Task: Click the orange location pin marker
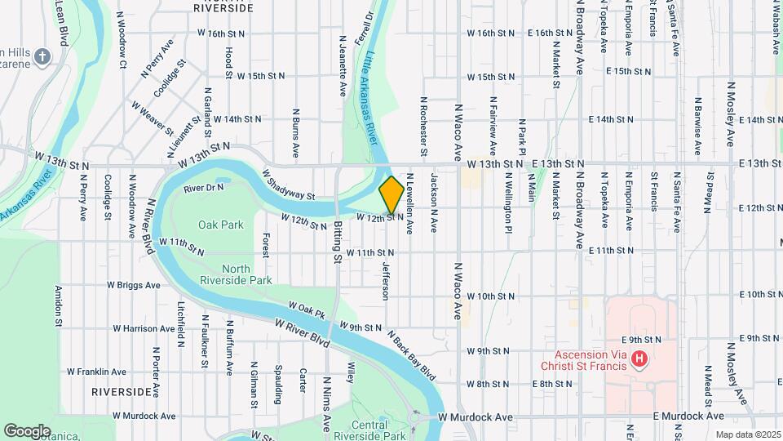391,194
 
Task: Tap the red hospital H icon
639,359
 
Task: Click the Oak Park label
220,224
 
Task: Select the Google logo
27,430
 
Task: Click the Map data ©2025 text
748,434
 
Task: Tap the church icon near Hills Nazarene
42,56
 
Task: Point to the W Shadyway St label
289,185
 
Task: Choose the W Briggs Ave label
133,285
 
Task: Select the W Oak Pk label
306,313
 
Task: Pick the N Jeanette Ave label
340,56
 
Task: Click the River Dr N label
203,188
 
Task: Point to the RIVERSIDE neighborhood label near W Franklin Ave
121,392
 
